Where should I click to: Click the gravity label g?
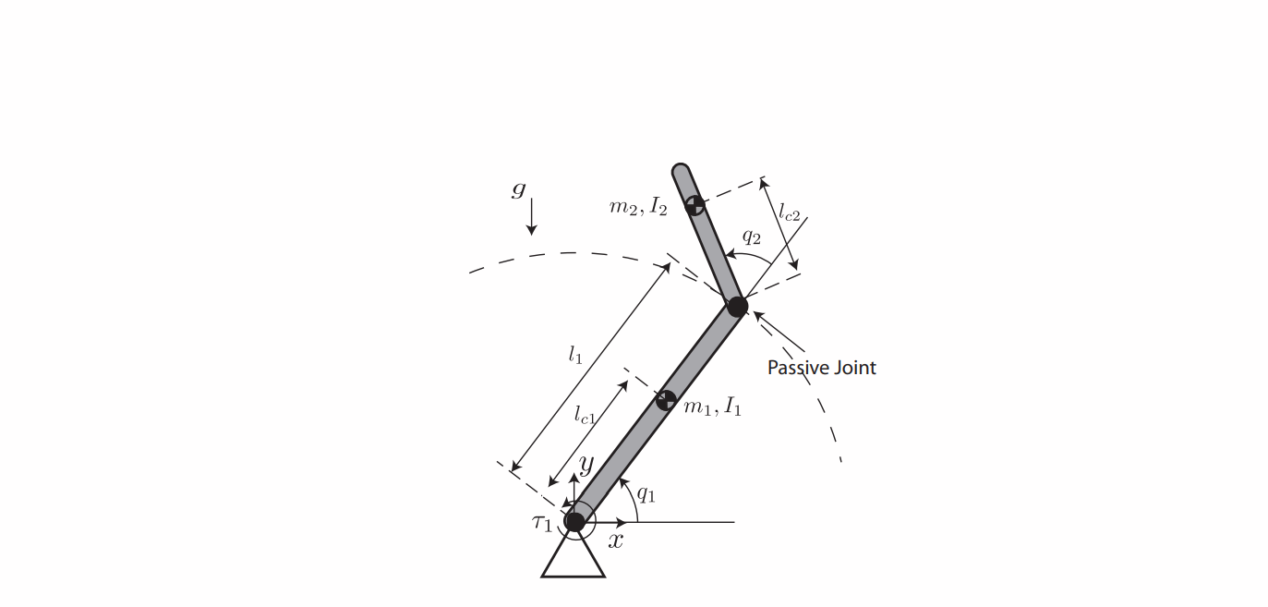(518, 191)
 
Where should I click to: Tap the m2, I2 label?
(637, 207)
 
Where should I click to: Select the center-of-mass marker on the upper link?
(695, 204)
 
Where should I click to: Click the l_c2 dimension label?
(789, 213)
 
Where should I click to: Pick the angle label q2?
(752, 237)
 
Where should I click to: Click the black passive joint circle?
(736, 306)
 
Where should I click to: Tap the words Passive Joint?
(821, 368)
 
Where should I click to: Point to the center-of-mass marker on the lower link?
(664, 401)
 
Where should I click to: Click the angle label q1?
(646, 495)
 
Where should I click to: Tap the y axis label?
(586, 464)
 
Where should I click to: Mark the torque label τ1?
(541, 523)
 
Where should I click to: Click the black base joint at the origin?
(574, 522)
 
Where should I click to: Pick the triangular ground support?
(573, 559)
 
